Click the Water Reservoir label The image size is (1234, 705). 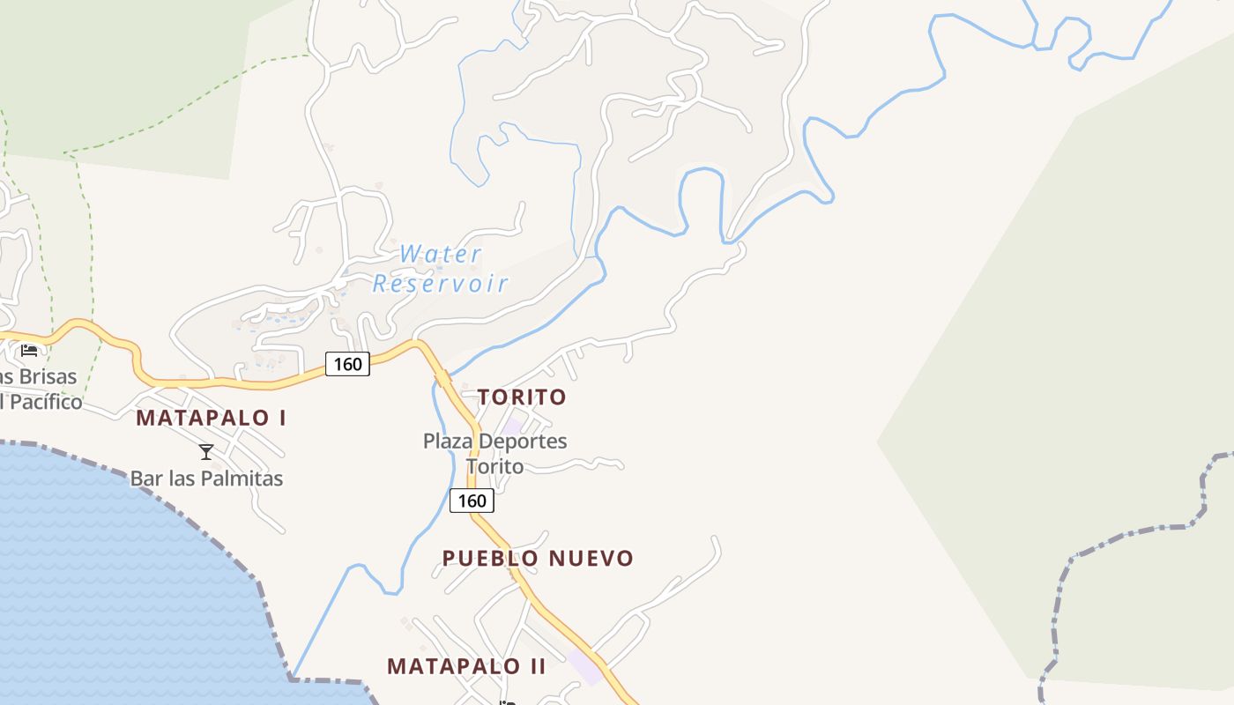pos(440,269)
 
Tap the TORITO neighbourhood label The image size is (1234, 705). pos(522,397)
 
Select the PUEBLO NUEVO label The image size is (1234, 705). pos(538,559)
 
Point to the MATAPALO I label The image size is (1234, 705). pos(211,418)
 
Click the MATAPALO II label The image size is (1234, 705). pos(466,666)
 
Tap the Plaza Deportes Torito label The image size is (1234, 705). pos(494,453)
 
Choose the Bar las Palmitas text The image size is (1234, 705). pos(206,479)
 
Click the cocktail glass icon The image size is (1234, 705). pos(206,452)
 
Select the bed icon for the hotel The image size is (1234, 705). pos(29,350)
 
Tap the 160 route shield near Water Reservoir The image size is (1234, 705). pos(347,363)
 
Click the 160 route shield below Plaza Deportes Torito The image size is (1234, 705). pos(472,501)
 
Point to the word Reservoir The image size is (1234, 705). pos(440,284)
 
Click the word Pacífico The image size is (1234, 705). pos(44,403)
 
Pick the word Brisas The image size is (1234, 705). pos(44,377)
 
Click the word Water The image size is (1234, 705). pos(440,255)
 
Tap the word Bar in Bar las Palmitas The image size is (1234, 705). pos(145,479)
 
